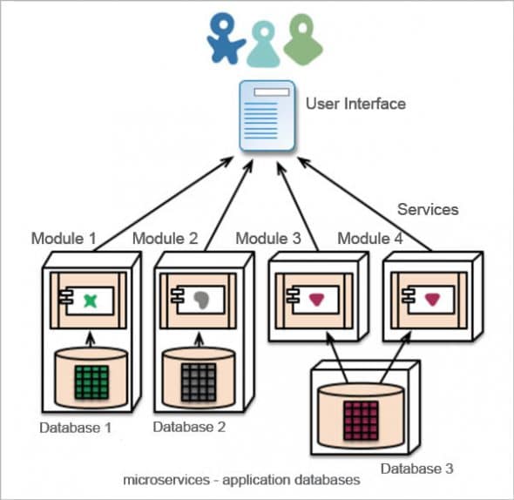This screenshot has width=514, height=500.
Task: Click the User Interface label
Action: click(355, 104)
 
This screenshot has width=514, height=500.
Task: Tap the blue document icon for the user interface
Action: click(266, 119)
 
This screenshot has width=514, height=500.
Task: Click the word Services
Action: click(427, 209)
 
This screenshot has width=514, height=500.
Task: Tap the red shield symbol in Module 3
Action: click(314, 300)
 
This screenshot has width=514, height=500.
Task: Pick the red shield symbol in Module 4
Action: click(429, 300)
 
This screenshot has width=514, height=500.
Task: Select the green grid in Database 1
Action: click(91, 382)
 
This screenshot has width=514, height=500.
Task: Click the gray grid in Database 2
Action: click(200, 382)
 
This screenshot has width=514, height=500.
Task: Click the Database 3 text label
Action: click(417, 469)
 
